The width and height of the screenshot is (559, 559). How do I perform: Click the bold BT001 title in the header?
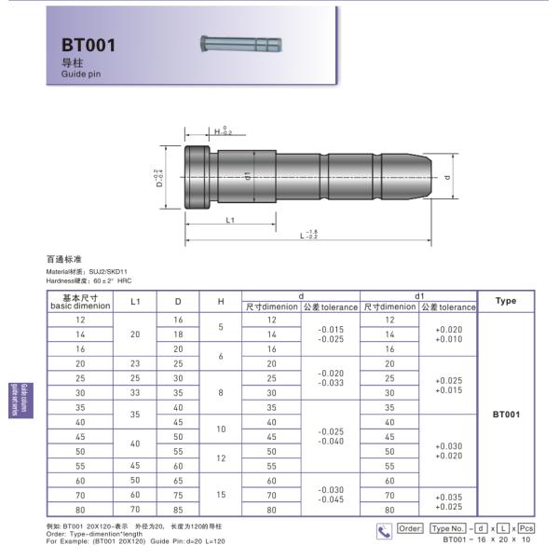[89, 45]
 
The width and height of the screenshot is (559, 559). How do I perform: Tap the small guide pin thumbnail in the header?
[240, 43]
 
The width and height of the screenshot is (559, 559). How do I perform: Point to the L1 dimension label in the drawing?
[229, 220]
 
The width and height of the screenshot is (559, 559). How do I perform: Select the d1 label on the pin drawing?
[248, 176]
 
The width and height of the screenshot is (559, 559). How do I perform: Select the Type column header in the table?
[505, 301]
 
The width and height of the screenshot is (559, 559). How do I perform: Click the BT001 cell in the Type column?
[505, 415]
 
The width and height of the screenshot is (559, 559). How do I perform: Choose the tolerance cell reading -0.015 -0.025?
[330, 334]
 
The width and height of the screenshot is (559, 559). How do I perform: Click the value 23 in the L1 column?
[135, 363]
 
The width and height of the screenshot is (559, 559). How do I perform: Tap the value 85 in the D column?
[178, 510]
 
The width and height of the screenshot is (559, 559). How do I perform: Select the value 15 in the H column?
[221, 495]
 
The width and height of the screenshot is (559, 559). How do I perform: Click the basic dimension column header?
[80, 301]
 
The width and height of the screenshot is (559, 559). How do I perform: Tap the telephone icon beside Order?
[384, 530]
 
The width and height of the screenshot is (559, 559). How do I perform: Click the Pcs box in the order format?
[526, 528]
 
